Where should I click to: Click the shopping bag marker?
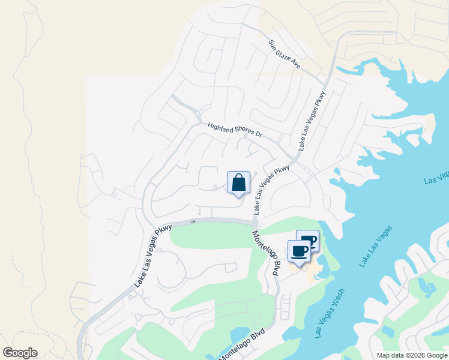238,183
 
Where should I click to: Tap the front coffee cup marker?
299,251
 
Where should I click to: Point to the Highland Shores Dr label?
235,130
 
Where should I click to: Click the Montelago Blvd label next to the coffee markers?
267,253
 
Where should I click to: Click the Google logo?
20,353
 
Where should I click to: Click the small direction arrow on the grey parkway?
193,221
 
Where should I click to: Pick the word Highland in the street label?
219,128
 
